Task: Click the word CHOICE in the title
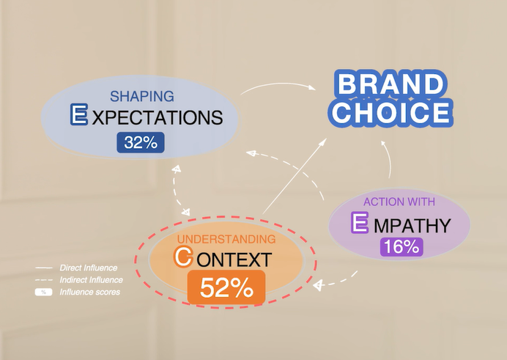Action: [x=389, y=113]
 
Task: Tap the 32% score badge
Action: [x=141, y=143]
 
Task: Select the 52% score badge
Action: [x=226, y=287]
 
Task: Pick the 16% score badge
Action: [x=401, y=246]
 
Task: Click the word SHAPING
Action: [x=142, y=96]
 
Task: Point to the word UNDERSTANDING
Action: [x=226, y=239]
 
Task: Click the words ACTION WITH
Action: [x=400, y=201]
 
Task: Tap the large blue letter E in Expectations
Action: [x=78, y=115]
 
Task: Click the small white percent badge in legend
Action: [x=44, y=293]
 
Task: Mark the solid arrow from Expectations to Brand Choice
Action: [x=278, y=87]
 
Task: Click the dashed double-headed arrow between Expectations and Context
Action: [x=178, y=190]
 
